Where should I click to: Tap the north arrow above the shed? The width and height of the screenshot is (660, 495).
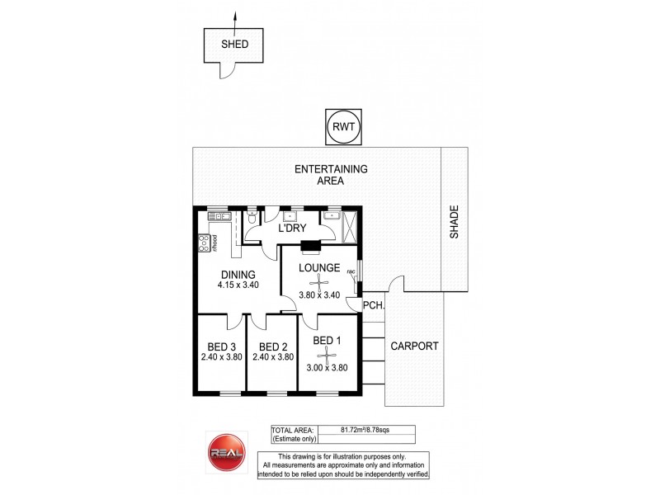(233, 18)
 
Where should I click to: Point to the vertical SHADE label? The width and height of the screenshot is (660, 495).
(453, 223)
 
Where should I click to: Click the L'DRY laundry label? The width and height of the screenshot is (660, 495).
(292, 229)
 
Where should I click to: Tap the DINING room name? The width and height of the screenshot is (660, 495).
(237, 275)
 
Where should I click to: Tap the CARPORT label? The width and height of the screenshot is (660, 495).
(415, 346)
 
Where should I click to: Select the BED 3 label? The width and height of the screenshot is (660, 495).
(222, 346)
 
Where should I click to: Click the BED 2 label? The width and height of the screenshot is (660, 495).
(271, 346)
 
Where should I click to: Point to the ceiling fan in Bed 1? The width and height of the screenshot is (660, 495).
(328, 356)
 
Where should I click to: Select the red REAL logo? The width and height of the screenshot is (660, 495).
(225, 453)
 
